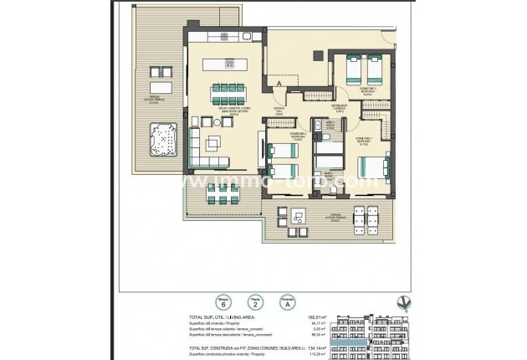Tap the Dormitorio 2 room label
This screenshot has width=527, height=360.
(364, 140)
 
